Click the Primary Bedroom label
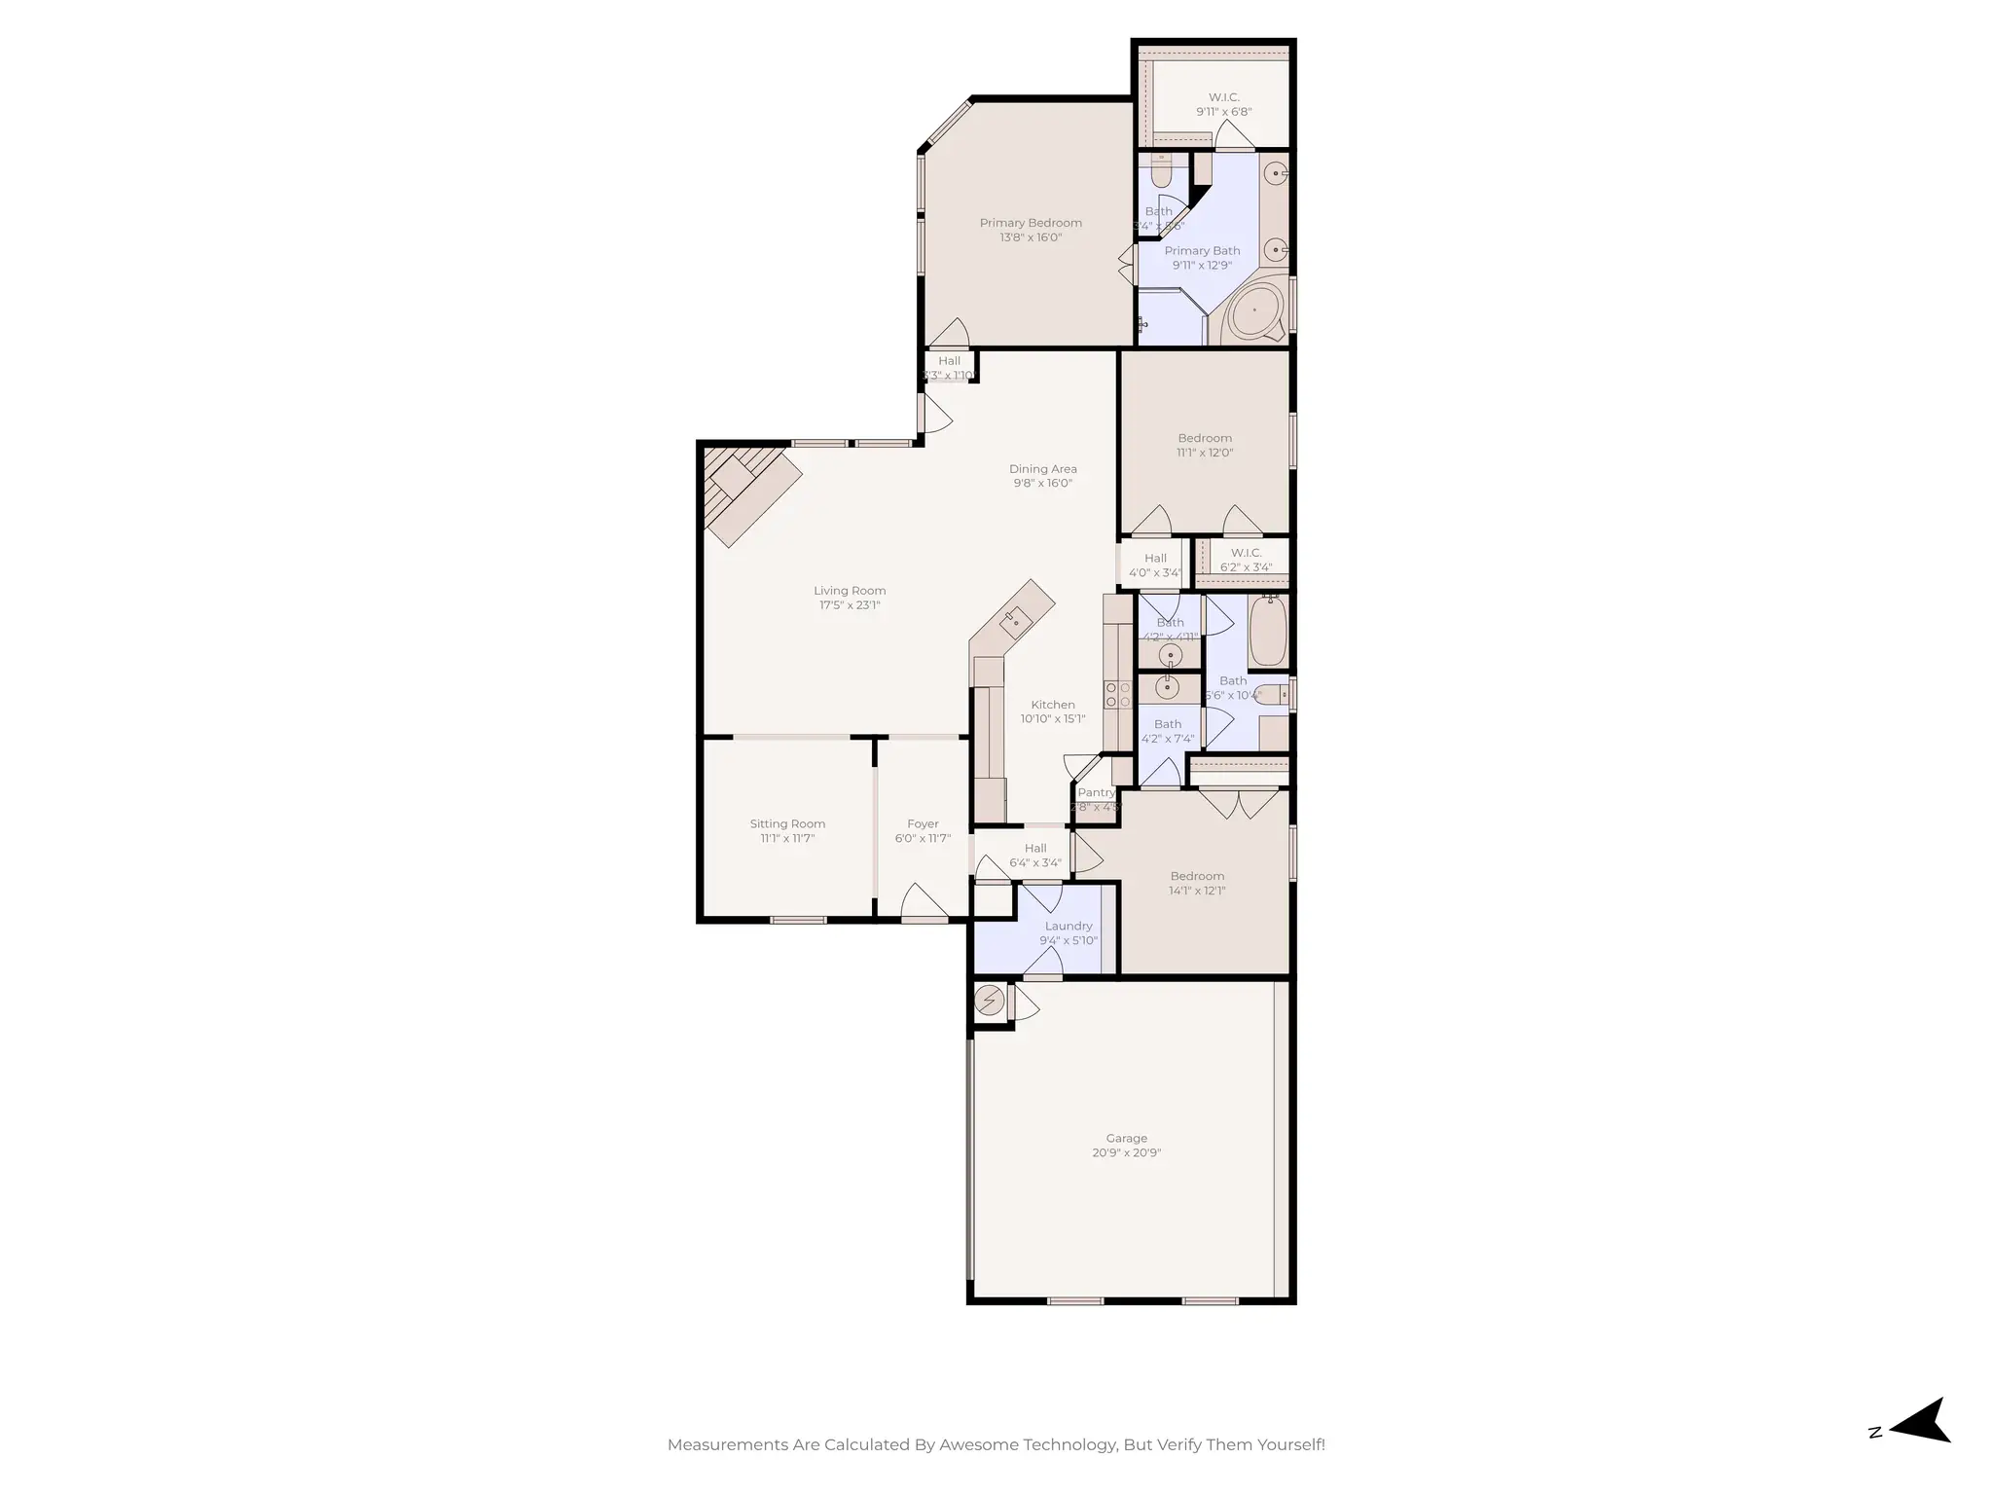point(1031,223)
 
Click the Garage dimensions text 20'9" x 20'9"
point(1126,1152)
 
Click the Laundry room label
point(1069,926)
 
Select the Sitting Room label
point(787,823)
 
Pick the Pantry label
point(1096,792)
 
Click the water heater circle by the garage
point(990,1001)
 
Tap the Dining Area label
point(1042,469)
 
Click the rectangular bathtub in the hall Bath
point(1268,631)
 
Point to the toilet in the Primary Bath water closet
point(1160,173)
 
